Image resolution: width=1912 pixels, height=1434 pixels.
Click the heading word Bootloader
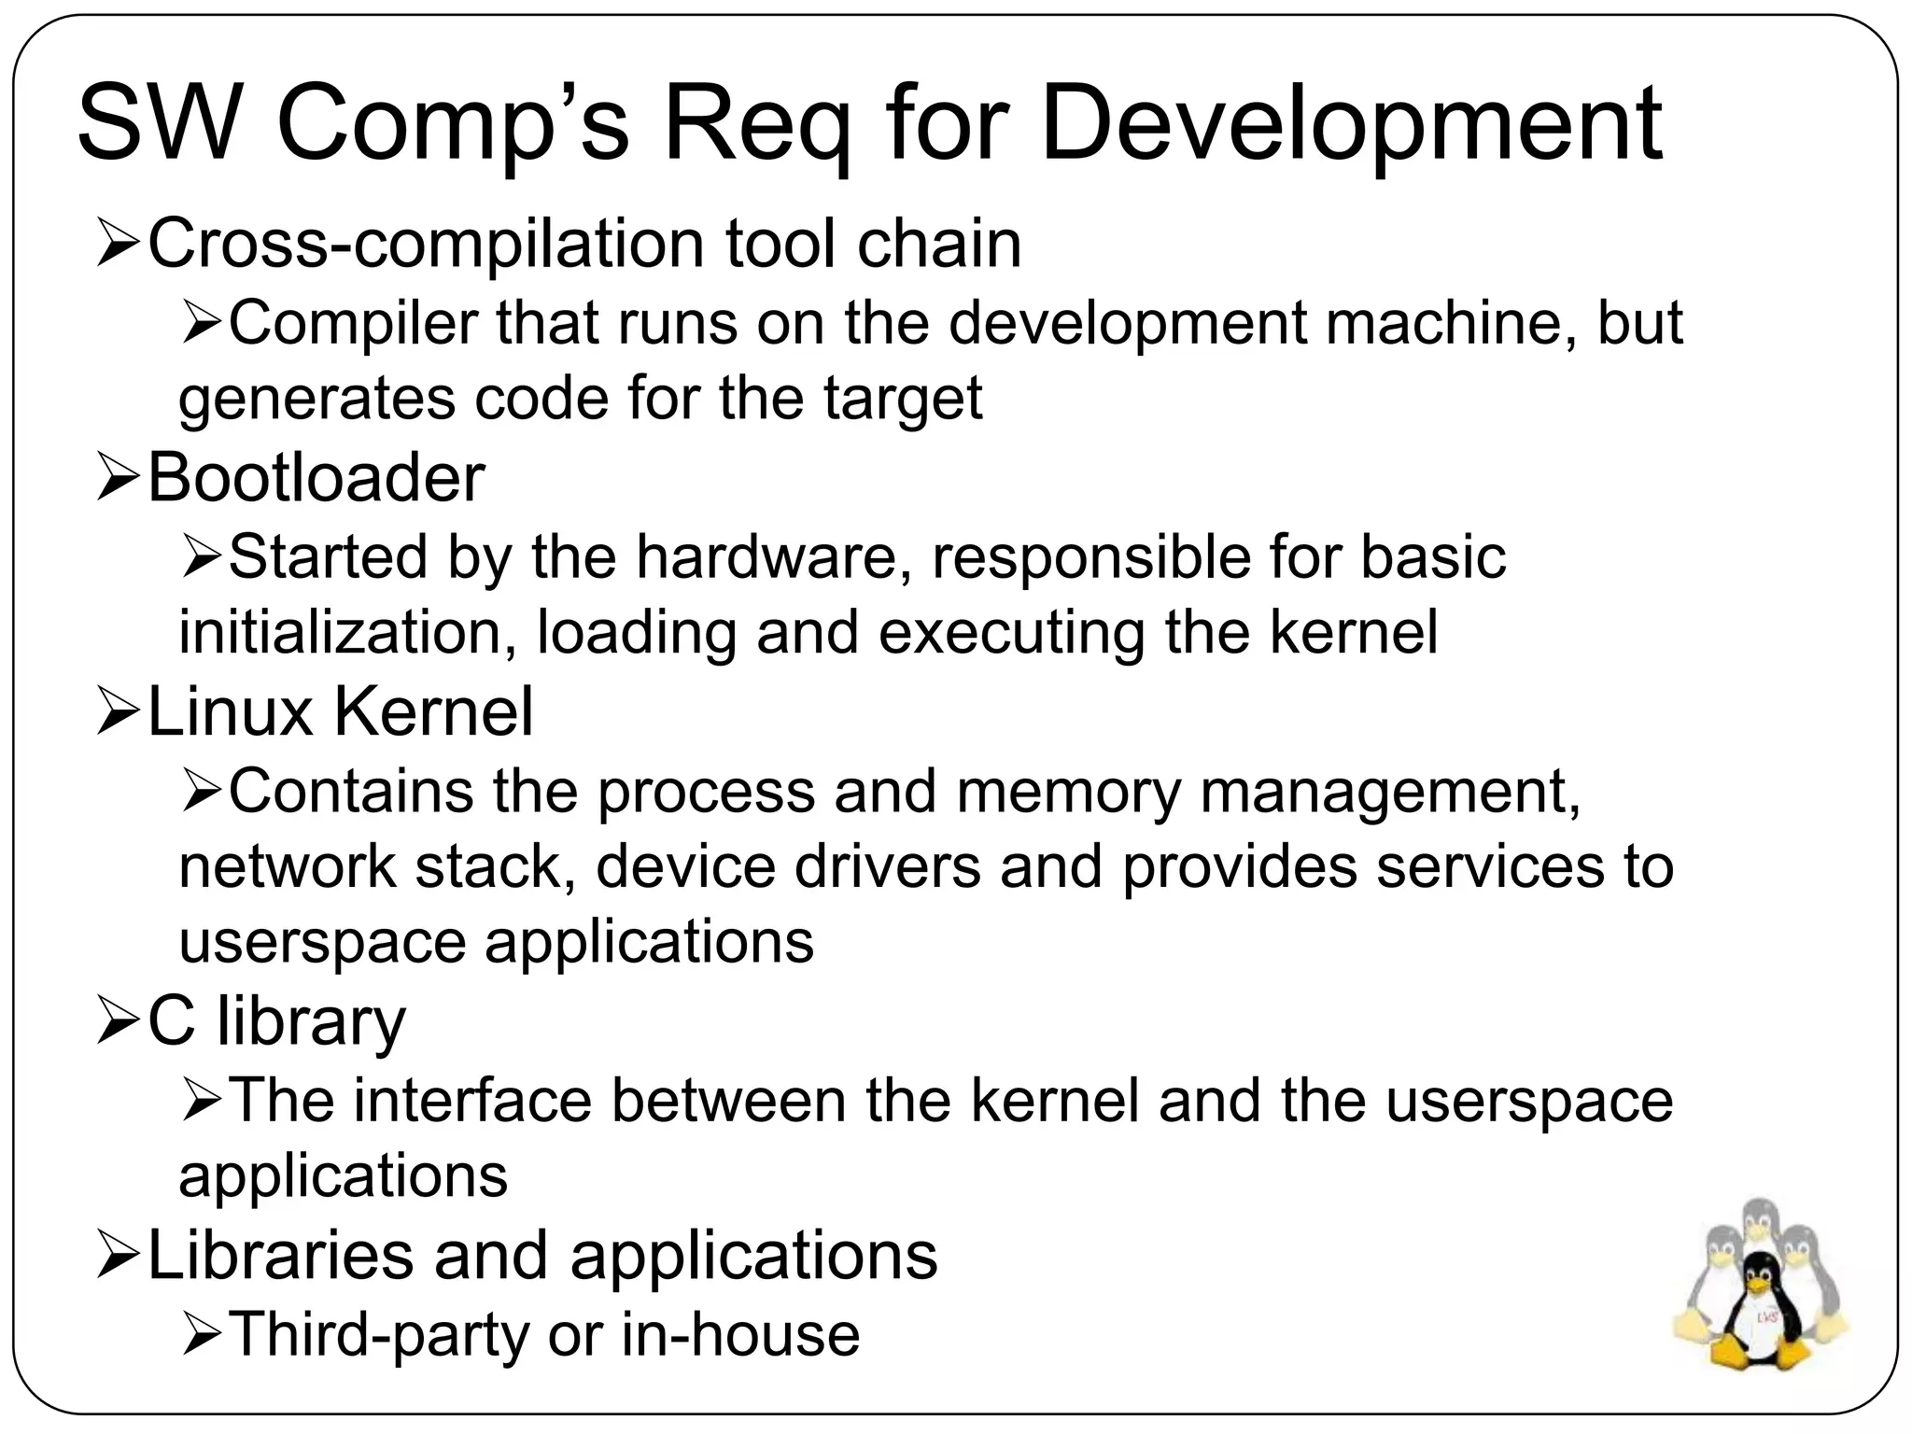pyautogui.click(x=316, y=478)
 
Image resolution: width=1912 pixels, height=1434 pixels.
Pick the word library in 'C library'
pyautogui.click(x=311, y=1022)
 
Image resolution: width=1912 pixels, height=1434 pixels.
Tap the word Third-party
pyautogui.click(x=379, y=1335)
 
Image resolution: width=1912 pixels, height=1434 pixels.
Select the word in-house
pyautogui.click(x=740, y=1335)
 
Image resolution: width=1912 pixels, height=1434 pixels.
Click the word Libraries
pyautogui.click(x=280, y=1256)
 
